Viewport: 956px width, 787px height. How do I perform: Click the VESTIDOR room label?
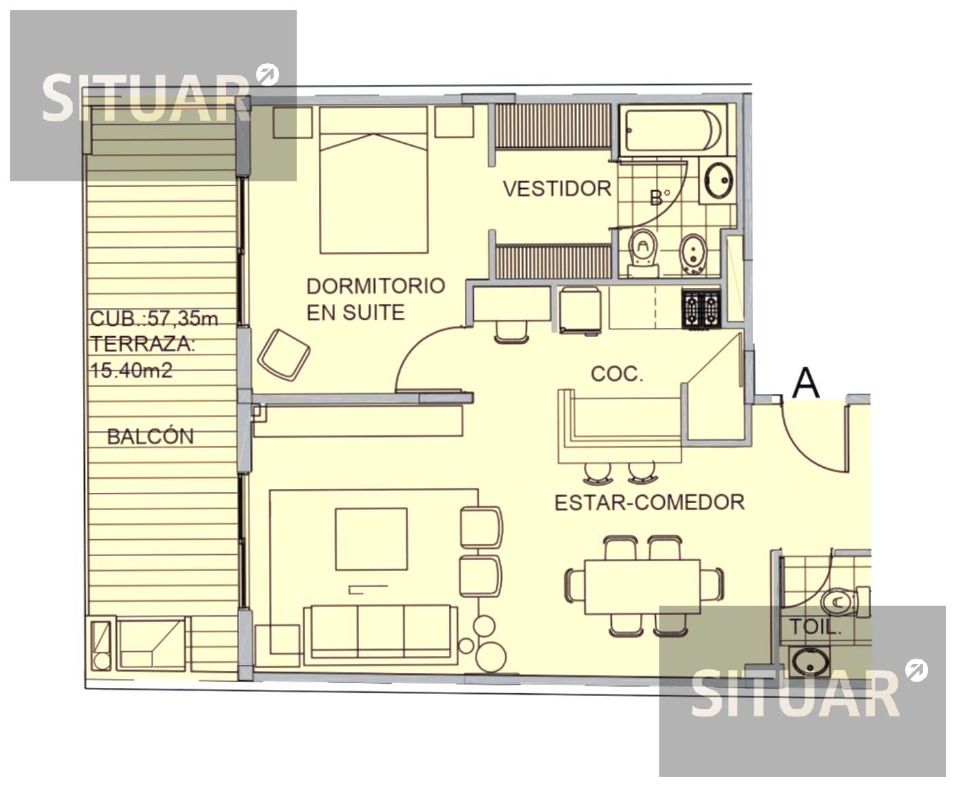coord(557,189)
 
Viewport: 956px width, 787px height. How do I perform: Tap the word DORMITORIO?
coord(375,286)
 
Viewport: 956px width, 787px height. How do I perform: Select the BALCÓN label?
coord(151,436)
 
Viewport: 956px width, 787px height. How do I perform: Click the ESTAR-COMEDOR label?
coord(650,502)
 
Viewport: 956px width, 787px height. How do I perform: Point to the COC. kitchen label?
coord(617,374)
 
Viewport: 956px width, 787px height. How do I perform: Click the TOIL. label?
coord(815,627)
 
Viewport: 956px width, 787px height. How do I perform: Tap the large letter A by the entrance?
coord(806,383)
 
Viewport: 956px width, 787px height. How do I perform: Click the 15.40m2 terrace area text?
coord(132,370)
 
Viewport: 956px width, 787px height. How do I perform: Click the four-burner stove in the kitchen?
coord(701,309)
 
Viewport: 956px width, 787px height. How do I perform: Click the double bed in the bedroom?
coord(374,180)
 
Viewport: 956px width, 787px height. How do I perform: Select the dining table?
coord(642,587)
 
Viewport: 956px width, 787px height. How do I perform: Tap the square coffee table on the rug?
coord(371,539)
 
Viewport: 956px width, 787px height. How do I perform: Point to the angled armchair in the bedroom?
coord(284,355)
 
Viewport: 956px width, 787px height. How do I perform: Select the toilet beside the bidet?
coord(643,253)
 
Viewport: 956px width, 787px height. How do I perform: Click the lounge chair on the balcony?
coord(151,643)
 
